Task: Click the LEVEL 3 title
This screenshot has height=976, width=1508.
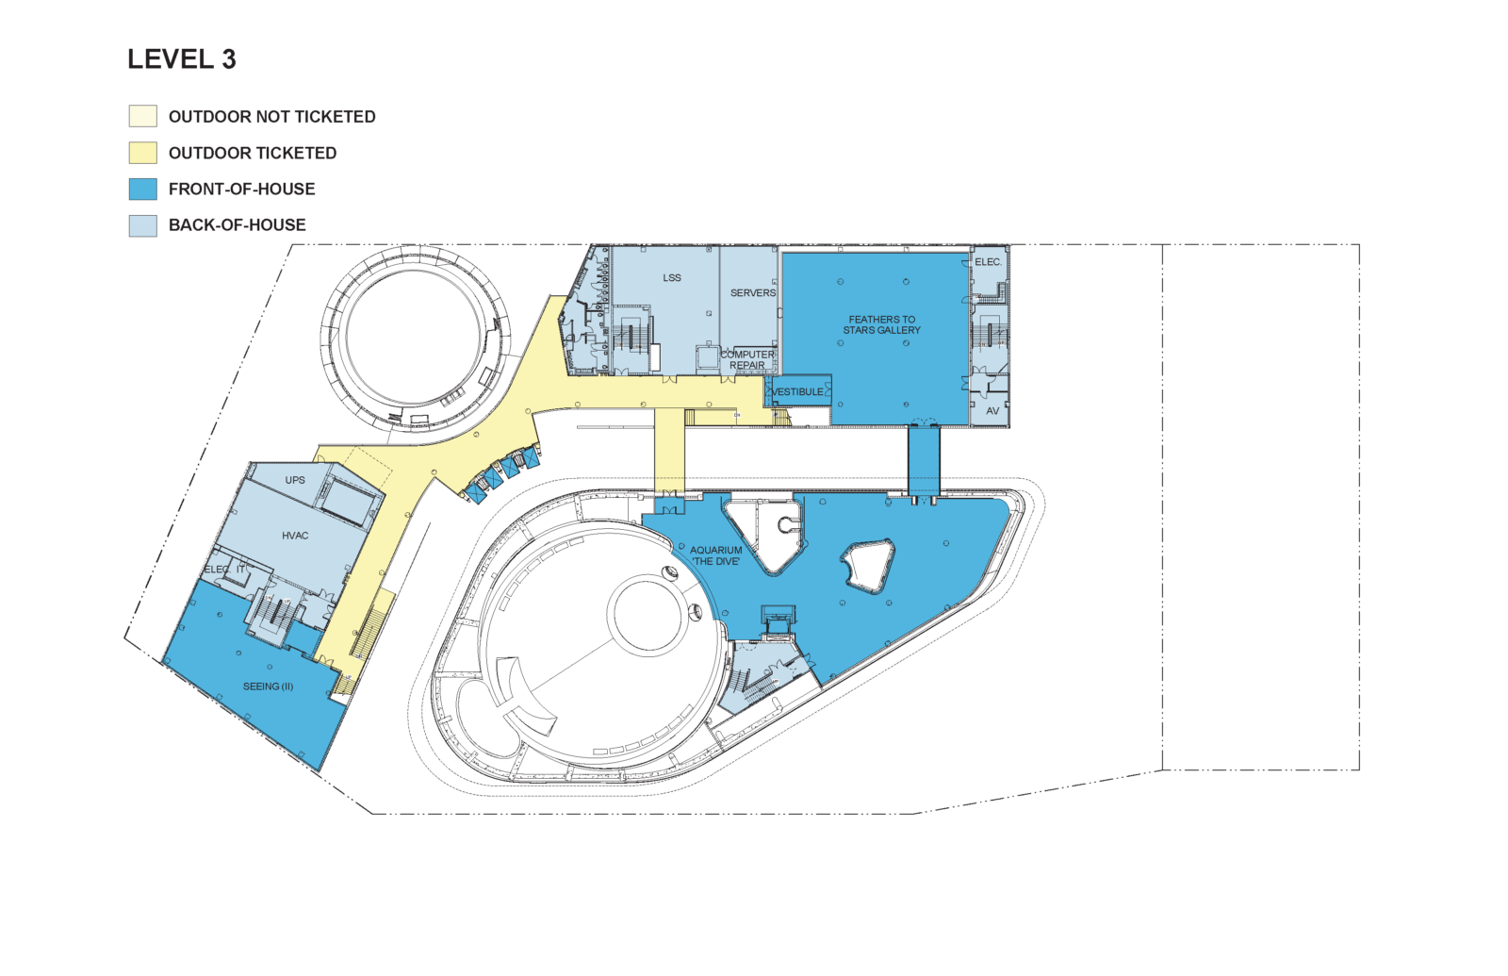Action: tap(182, 59)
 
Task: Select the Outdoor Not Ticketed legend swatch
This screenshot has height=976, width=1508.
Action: tap(142, 116)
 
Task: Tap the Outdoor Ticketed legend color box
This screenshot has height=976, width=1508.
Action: tap(142, 152)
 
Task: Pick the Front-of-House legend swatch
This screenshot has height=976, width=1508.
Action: tap(142, 189)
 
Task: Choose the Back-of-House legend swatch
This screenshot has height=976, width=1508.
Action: tap(142, 225)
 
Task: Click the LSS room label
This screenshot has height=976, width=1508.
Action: tap(672, 277)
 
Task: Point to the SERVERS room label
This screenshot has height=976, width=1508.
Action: tap(753, 293)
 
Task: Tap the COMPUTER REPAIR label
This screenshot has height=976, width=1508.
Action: tap(747, 359)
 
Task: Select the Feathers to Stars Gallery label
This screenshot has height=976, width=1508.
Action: tap(882, 324)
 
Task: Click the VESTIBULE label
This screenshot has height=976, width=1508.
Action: tap(797, 391)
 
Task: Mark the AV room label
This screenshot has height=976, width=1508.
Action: tap(992, 411)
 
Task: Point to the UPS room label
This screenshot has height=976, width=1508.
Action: tap(295, 480)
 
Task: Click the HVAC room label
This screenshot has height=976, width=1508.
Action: tap(295, 536)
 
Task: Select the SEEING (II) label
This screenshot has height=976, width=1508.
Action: tap(268, 687)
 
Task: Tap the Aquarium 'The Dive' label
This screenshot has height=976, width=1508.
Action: tap(715, 555)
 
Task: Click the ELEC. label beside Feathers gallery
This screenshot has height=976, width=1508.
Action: tap(989, 262)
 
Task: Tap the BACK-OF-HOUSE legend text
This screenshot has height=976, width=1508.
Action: tap(237, 225)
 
